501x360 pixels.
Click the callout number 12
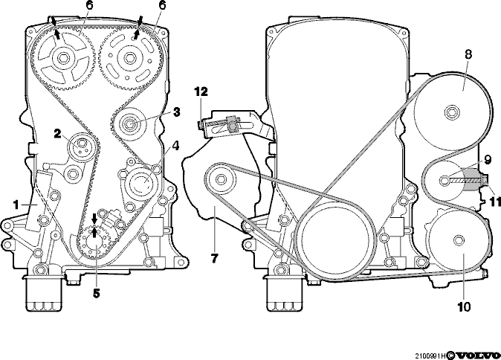(x=201, y=91)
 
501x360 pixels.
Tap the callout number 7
(x=214, y=258)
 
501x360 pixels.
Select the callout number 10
(x=464, y=307)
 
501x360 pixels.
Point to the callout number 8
(x=468, y=54)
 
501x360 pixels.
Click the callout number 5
(x=96, y=293)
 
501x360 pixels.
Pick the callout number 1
(x=16, y=205)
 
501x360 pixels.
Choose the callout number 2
(x=57, y=134)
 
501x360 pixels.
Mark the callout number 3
(x=176, y=112)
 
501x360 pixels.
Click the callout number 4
(x=175, y=146)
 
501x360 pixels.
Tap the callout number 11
(x=495, y=202)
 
